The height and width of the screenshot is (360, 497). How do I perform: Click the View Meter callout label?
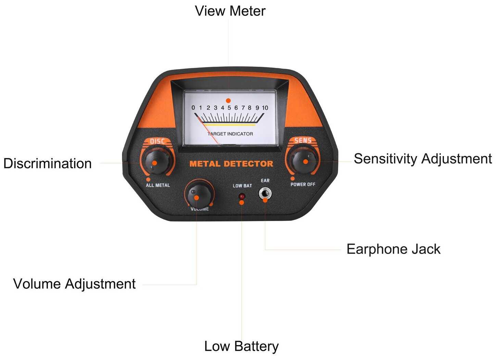point(230,11)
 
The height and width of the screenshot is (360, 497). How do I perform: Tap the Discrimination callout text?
point(48,164)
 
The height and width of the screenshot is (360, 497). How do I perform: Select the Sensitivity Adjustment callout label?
point(423,159)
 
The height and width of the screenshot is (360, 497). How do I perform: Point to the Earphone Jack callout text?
point(393,249)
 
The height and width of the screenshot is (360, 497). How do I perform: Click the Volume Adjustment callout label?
point(74,284)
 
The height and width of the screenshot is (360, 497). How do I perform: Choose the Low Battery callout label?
point(241,346)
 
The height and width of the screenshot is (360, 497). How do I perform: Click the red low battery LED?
point(242,197)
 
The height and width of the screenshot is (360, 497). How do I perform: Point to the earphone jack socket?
point(265,194)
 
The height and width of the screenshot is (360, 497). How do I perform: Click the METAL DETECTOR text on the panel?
point(231,164)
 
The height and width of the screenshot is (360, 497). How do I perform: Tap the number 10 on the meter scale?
point(265,108)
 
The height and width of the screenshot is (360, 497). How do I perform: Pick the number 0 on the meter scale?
point(193,108)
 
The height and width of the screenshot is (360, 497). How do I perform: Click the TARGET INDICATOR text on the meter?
point(230,134)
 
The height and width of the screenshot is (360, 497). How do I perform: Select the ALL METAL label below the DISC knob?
point(158,185)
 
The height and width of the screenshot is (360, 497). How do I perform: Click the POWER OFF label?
point(303,184)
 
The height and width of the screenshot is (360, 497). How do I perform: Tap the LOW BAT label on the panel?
point(242,186)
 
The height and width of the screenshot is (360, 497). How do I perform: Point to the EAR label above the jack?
point(265,181)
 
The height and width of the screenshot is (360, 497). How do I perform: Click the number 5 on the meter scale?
point(229,108)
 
